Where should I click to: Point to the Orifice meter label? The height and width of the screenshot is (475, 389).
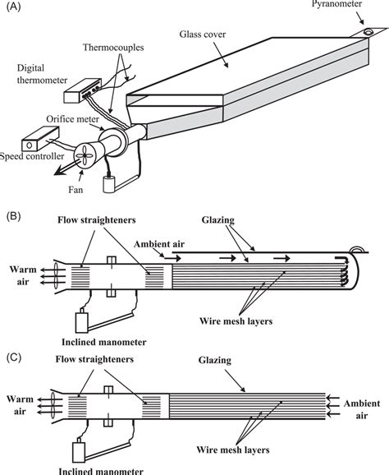click(x=79, y=119)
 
